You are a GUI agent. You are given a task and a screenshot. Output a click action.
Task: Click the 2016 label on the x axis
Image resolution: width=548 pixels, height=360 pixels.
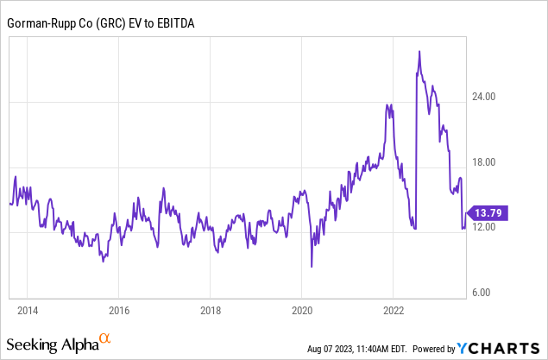pos(119,309)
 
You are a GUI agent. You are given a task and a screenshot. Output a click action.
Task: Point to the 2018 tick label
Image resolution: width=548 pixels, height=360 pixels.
pos(211,309)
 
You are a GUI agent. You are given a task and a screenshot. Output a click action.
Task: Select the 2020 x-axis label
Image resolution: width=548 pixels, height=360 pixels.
pos(302,309)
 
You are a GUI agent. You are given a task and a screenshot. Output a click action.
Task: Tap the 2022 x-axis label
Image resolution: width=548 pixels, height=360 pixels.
pos(394,309)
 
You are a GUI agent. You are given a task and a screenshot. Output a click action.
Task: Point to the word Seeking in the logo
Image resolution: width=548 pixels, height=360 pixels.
pos(34,345)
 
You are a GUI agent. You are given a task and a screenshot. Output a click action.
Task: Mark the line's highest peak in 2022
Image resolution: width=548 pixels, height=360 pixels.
pos(419,52)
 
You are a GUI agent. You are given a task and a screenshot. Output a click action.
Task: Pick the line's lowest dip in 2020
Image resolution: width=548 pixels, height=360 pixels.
pos(312,267)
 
